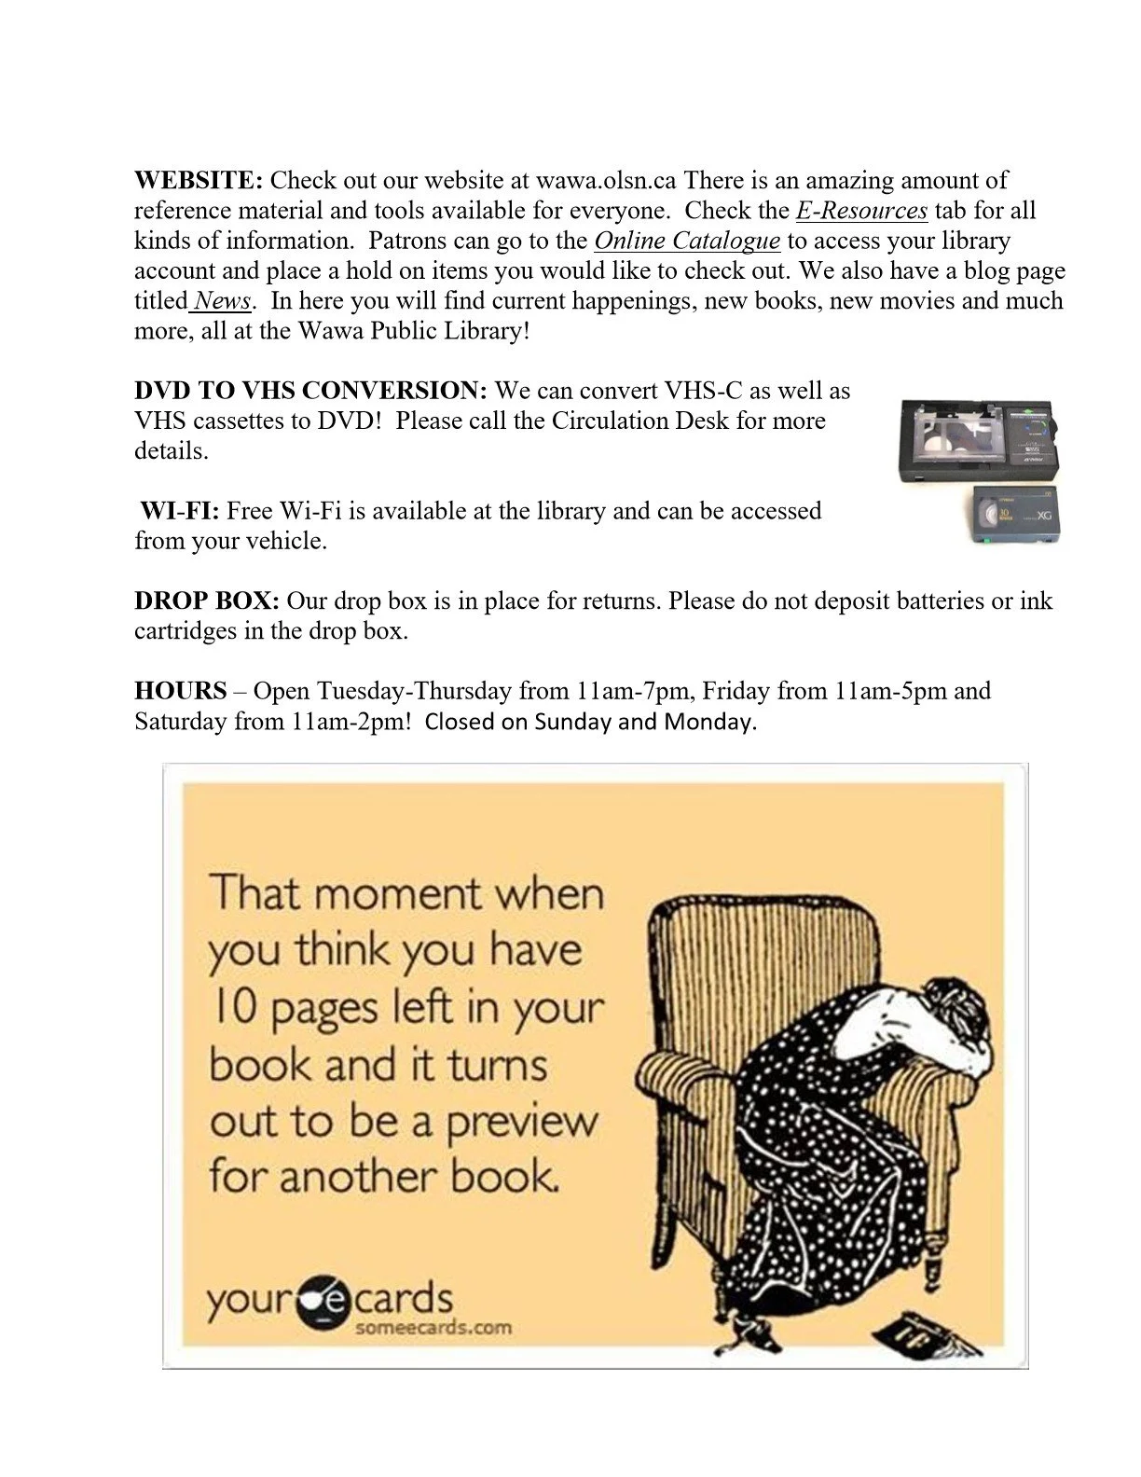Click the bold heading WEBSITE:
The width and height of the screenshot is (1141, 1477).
(199, 180)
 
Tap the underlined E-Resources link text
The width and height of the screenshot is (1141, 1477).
(861, 211)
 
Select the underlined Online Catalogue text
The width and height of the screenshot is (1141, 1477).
(687, 241)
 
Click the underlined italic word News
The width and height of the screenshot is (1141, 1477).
(222, 300)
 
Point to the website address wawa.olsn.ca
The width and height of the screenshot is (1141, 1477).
(606, 180)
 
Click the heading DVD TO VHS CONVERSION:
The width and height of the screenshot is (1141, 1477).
(310, 390)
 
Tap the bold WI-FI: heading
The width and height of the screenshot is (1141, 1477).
(180, 510)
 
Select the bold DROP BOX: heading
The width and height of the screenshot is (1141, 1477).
(207, 600)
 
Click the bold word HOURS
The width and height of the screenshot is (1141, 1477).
(181, 691)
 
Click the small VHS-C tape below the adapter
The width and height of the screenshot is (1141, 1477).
(1015, 515)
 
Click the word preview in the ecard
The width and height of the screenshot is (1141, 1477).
(522, 1122)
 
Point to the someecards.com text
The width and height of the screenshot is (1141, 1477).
(433, 1328)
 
